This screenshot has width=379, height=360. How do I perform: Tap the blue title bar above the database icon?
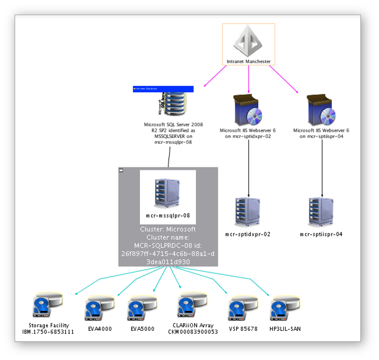(x=163, y=89)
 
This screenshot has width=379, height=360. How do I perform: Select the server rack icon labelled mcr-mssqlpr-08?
(x=168, y=191)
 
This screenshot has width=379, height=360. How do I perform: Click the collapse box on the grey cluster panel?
(x=121, y=170)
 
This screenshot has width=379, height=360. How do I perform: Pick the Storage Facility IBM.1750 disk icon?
(x=47, y=307)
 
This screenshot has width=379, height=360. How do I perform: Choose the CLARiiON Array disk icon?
(x=193, y=307)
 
